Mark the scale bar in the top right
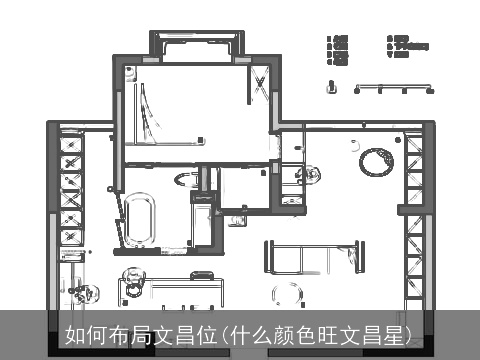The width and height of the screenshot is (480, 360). click(x=394, y=89)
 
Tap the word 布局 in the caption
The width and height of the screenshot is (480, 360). click(x=123, y=334)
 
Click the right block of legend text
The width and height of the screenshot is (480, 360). click(x=405, y=46)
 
